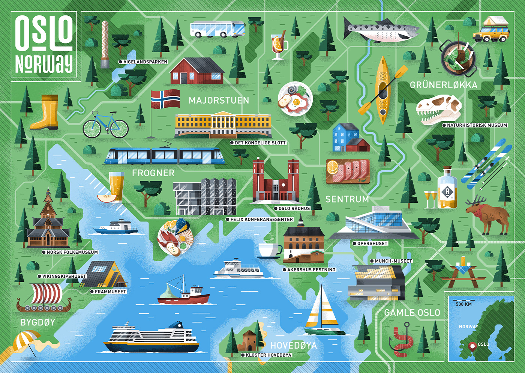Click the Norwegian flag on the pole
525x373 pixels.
165,99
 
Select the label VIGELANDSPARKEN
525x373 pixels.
145,62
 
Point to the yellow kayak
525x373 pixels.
382,90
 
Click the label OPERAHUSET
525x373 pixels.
372,244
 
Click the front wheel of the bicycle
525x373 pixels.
119,129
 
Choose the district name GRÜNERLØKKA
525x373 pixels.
443,85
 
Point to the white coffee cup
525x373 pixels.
268,250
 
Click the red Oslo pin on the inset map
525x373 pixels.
472,346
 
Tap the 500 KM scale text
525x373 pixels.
463,304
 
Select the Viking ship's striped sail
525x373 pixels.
47,293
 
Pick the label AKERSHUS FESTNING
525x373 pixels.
311,270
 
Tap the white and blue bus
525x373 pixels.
217,29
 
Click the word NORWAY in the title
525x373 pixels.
44,64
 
